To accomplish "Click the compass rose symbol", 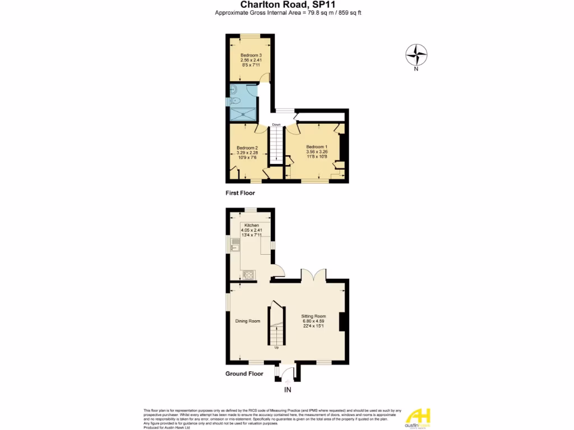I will click(416, 55).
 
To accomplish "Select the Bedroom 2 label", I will click(247, 148).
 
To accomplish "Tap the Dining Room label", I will click(248, 321).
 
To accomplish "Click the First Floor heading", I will click(240, 193).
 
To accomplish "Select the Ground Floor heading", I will click(244, 373).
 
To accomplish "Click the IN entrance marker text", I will click(288, 390).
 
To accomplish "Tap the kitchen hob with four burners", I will click(248, 274).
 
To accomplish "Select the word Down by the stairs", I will click(276, 124).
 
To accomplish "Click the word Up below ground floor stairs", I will click(276, 347).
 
